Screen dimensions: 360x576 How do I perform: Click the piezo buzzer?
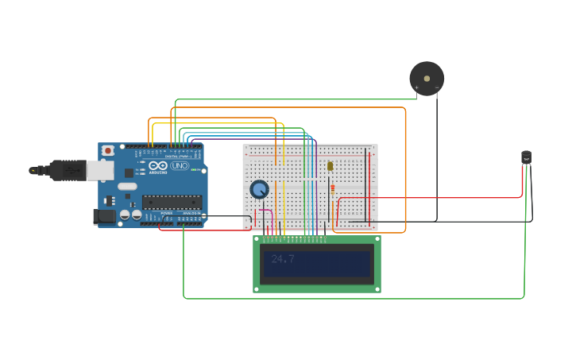[427, 79]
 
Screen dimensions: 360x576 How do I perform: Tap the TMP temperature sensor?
[526, 158]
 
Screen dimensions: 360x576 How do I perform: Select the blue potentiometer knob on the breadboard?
[259, 189]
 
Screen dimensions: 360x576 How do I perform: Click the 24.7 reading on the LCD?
[283, 259]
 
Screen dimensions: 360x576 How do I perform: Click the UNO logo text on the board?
[176, 165]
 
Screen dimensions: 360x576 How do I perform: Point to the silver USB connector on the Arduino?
[99, 169]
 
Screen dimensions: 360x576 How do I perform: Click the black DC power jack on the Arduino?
[103, 216]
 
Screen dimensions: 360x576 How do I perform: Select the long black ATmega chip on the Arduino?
[172, 202]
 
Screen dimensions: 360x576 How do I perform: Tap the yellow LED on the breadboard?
[330, 166]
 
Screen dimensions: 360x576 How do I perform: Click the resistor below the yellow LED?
[332, 190]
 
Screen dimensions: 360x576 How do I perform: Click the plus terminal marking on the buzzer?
[416, 87]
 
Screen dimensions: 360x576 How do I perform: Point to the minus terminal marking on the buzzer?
[437, 87]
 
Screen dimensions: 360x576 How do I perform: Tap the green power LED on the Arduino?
[192, 169]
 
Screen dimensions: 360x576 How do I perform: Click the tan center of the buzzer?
[427, 79]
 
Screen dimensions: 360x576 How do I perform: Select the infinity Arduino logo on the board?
[157, 165]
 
